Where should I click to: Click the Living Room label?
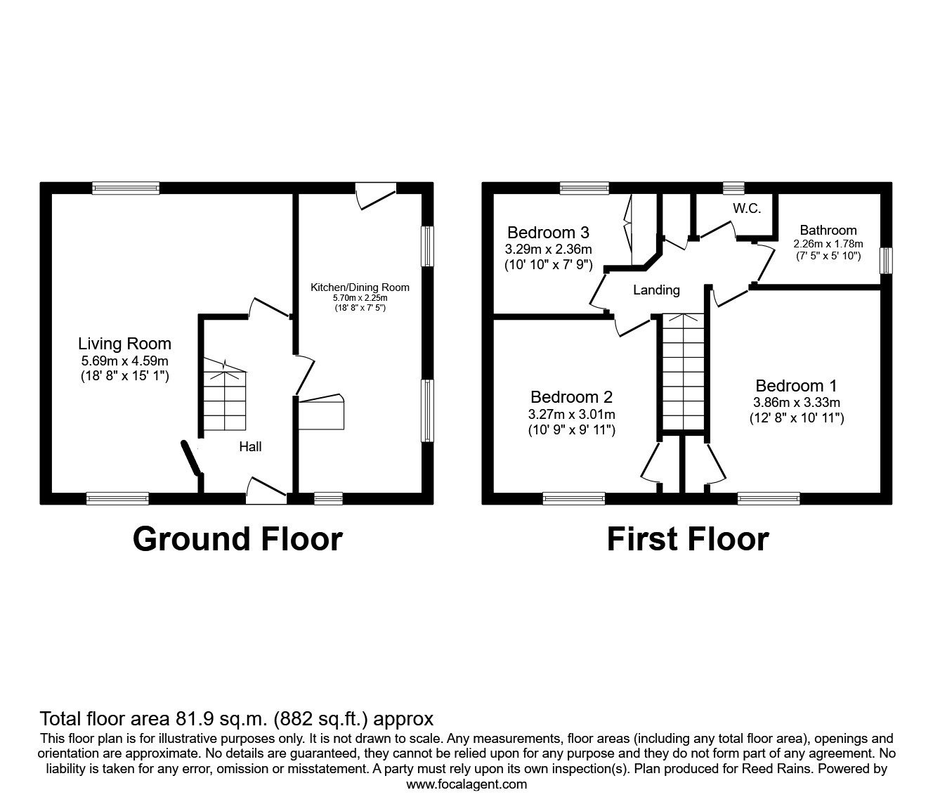(x=124, y=344)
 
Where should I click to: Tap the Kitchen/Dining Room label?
(x=360, y=287)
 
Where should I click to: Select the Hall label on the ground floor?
(x=250, y=446)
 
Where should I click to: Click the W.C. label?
(x=746, y=209)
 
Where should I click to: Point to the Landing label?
(x=656, y=290)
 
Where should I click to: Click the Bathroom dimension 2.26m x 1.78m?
(x=828, y=244)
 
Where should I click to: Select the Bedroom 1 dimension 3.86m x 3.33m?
(x=796, y=403)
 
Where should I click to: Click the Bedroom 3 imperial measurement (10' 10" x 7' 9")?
(x=548, y=265)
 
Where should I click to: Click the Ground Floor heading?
(x=237, y=539)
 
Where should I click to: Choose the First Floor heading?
(x=687, y=539)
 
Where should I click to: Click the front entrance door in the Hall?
(x=266, y=492)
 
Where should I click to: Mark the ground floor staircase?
(x=225, y=397)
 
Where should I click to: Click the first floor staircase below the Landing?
(x=683, y=373)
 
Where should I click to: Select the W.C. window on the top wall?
(x=733, y=188)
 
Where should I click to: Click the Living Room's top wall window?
(x=126, y=188)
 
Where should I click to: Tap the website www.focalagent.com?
(x=466, y=784)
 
